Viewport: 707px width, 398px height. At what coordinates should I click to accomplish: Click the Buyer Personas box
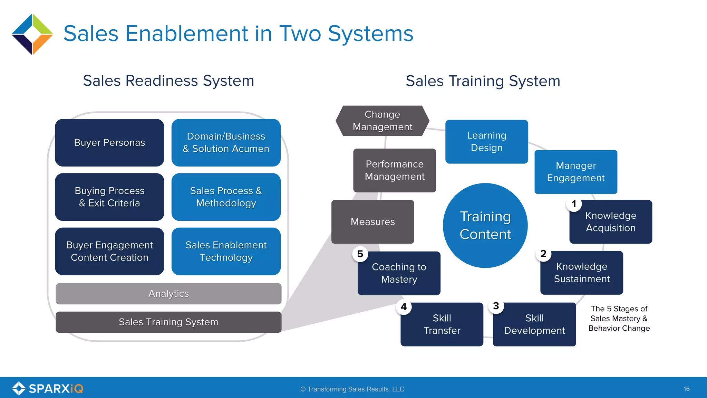(109, 143)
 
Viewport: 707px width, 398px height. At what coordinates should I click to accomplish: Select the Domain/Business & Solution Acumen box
(226, 143)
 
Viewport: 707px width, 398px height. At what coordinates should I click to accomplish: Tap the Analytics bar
(168, 294)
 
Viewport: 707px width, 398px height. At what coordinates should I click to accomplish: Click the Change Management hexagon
(382, 121)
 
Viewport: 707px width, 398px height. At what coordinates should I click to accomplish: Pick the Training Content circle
(485, 225)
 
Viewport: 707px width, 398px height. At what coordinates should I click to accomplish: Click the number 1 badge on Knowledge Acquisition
(574, 204)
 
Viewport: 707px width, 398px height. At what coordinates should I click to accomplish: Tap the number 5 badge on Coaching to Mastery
(360, 254)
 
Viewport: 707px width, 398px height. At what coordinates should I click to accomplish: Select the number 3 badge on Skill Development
(496, 306)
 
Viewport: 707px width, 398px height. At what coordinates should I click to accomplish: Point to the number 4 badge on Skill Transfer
(404, 307)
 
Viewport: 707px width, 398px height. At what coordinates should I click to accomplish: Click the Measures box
(372, 222)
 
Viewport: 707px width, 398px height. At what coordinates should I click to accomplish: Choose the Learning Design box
(486, 142)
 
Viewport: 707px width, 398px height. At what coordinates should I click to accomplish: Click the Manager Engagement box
(575, 172)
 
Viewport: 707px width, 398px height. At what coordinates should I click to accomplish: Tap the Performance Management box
(395, 170)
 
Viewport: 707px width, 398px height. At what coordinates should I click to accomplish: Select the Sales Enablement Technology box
(226, 251)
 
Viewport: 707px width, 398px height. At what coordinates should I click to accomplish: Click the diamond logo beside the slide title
(32, 34)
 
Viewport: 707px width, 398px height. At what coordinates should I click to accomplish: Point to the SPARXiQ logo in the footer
(48, 388)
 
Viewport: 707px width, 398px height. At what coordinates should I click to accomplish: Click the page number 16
(686, 389)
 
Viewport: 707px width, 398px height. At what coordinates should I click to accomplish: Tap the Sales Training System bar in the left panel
(168, 322)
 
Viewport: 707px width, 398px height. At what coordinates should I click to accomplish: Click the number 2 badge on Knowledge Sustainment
(543, 254)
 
